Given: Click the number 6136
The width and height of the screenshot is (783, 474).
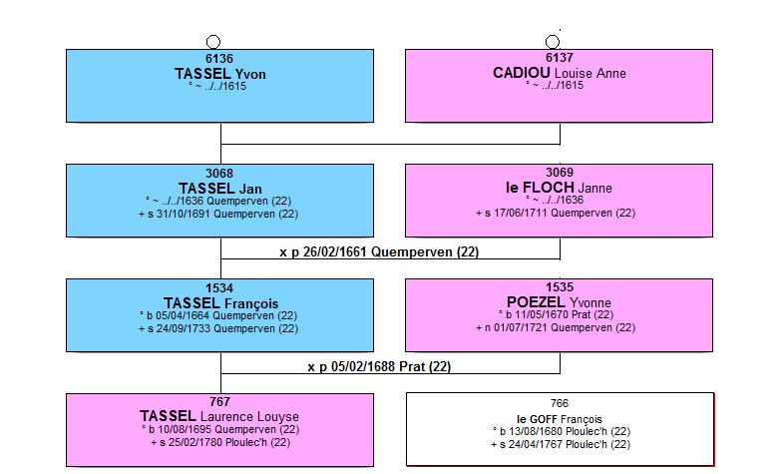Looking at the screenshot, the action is click(219, 59).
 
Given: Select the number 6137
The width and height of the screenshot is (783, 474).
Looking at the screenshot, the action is click(560, 58).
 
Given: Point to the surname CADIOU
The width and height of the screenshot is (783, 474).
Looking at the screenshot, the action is click(522, 73).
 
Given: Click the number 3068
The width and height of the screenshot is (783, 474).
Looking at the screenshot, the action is click(219, 174).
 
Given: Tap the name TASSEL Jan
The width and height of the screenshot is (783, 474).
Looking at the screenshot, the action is click(220, 189).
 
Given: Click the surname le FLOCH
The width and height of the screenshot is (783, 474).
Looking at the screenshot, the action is click(540, 188).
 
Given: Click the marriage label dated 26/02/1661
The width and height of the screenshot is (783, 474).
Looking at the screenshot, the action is click(379, 251).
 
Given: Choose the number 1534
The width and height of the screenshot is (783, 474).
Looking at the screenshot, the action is click(219, 288).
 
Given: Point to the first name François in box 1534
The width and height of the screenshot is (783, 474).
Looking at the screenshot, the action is click(251, 303).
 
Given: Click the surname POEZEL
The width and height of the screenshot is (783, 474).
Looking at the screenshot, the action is click(537, 302).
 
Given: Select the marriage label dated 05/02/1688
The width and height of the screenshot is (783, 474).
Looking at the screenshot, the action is click(379, 366).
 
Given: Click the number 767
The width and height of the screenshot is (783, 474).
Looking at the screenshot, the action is click(219, 402).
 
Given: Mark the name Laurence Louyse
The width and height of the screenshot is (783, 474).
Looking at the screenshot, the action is click(249, 416).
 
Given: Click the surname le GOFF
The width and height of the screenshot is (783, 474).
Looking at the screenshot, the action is click(538, 419).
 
